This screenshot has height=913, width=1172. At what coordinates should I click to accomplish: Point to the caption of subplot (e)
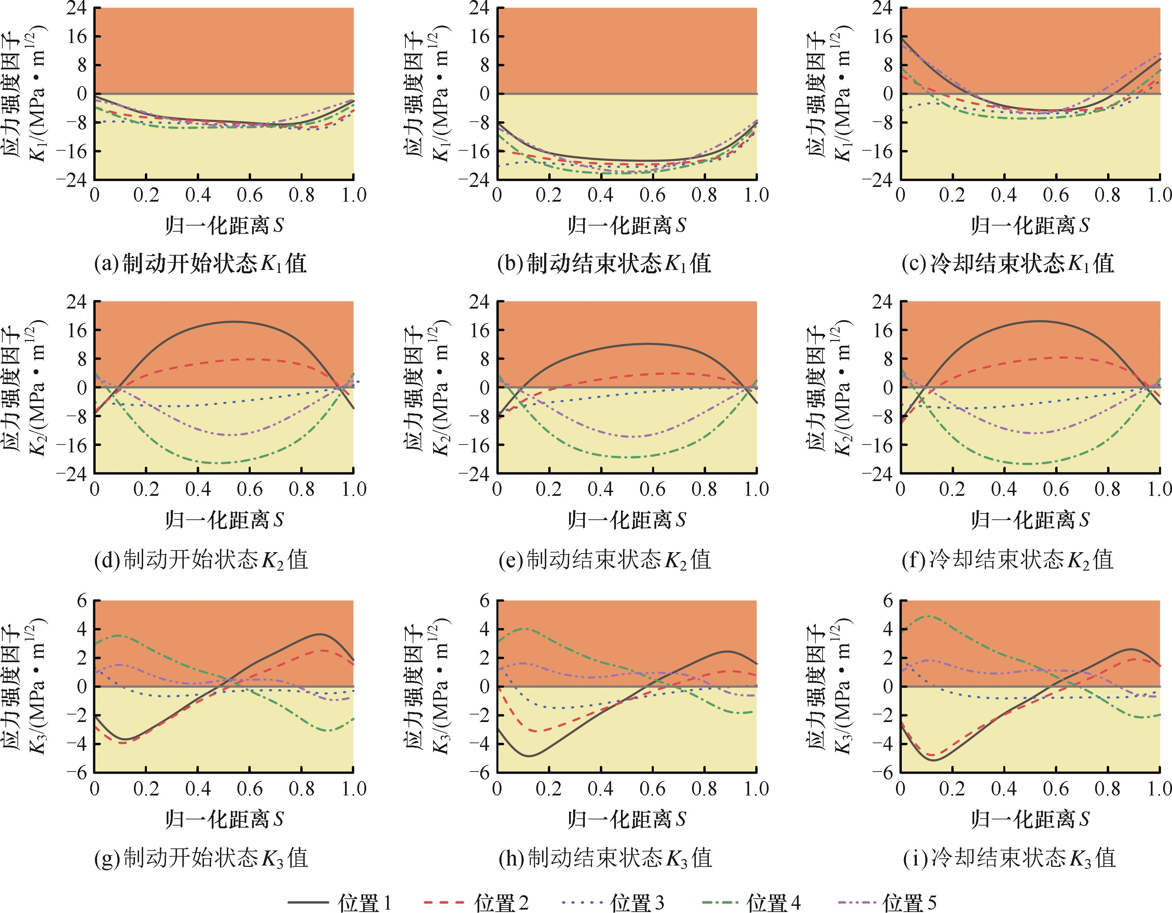tap(605, 560)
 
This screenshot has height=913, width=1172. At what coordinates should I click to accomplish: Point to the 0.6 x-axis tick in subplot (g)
tap(250, 789)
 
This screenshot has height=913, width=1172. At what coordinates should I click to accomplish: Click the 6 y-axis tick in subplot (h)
tap(485, 601)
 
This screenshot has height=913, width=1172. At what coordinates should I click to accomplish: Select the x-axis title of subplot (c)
tap(1030, 225)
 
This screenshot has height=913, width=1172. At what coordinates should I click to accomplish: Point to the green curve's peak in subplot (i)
tap(929, 616)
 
